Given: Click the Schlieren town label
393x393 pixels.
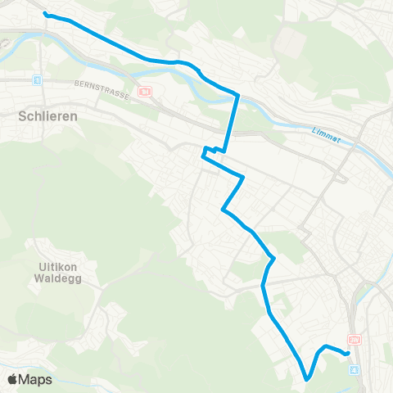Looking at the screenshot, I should point(47,116).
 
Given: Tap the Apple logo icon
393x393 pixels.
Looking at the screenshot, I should point(13,380).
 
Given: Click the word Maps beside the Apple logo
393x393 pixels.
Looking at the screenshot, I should point(37,380).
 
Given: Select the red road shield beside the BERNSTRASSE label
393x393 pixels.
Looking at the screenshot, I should point(146,92).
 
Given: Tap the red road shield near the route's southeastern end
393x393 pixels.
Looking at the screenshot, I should point(354,339).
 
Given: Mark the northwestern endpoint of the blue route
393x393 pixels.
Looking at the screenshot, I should point(45,14).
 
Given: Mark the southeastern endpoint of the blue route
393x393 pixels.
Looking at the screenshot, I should point(349,353).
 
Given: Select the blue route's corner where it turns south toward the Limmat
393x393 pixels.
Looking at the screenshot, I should point(237,95).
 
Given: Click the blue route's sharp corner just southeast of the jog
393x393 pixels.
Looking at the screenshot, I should point(243,176).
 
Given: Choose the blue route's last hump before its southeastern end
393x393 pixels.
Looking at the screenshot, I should point(326,346).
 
